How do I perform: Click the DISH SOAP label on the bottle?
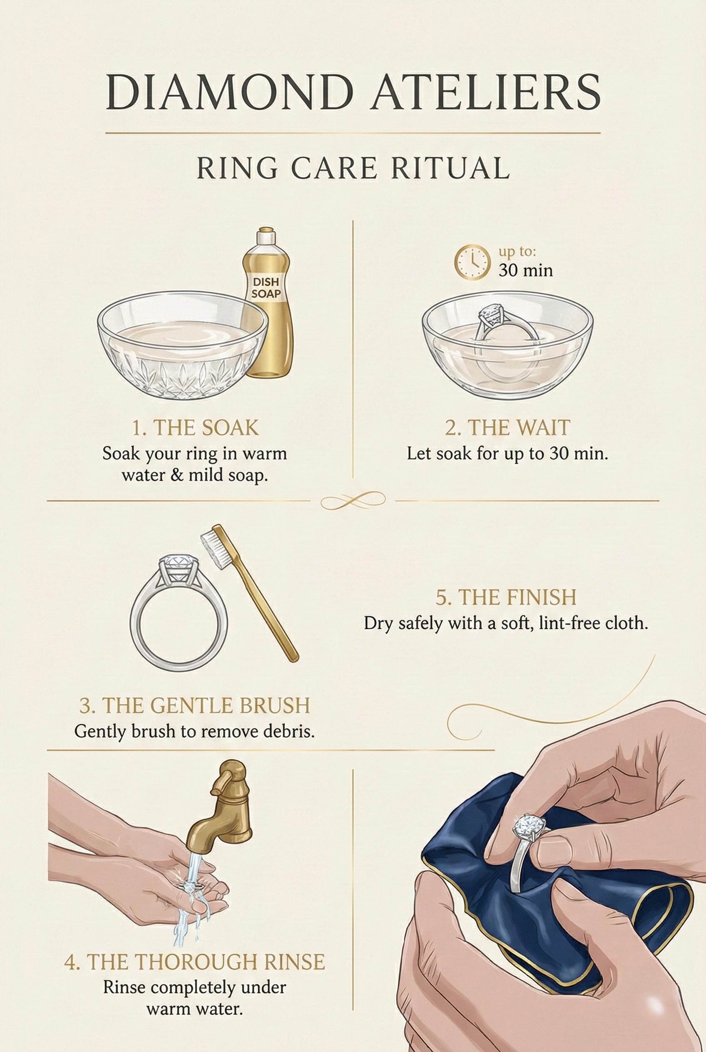[265, 288]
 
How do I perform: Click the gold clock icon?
[472, 261]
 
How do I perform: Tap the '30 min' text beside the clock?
[525, 270]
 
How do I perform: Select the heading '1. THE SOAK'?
[195, 428]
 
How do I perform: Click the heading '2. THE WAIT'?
[507, 428]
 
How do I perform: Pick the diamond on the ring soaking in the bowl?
[492, 313]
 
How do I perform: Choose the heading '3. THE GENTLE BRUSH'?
[194, 705]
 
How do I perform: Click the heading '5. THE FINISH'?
[506, 597]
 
